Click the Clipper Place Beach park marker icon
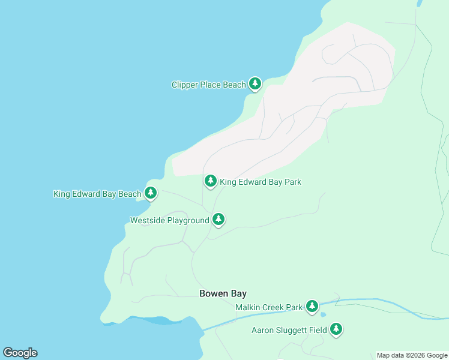coord(255,83)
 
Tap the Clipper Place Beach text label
coord(208,85)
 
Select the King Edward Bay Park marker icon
coord(210,181)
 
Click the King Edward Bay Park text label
coord(261,182)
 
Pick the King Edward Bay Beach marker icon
coord(151,193)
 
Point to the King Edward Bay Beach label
coord(97,194)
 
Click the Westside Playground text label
coord(170,221)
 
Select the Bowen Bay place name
coord(223,293)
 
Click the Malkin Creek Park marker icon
coord(312,307)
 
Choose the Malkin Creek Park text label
coord(269,308)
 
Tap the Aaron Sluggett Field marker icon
coord(336,329)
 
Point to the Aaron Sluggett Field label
coord(289,330)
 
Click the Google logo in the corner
coord(20,353)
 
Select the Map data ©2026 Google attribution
coord(412,355)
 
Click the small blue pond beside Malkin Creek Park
coord(324,314)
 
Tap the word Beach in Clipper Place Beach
coord(235,85)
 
